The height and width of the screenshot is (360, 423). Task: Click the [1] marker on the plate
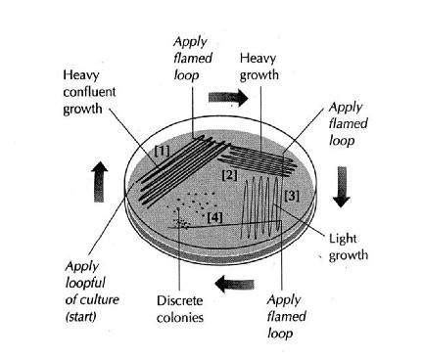tap(163, 153)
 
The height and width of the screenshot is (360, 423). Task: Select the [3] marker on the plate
tap(291, 196)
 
